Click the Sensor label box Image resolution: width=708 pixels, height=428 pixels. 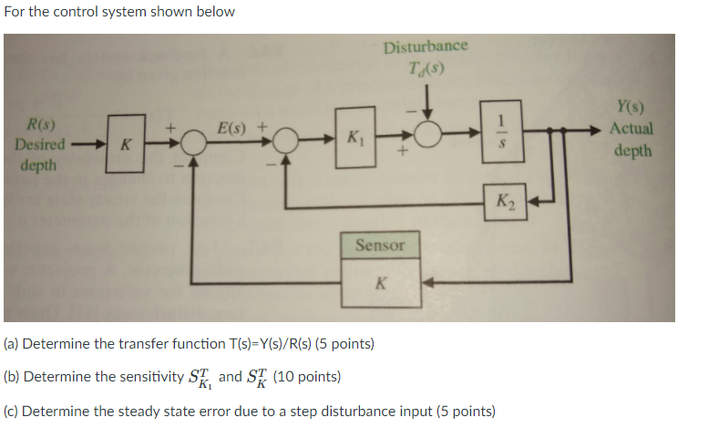[x=380, y=245]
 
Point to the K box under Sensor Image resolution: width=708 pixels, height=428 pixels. [x=380, y=283]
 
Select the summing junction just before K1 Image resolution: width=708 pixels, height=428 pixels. [x=287, y=141]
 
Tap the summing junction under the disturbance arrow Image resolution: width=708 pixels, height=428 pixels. [x=427, y=133]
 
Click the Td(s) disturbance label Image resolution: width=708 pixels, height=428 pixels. [x=426, y=68]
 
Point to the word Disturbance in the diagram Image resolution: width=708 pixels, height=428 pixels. [x=426, y=47]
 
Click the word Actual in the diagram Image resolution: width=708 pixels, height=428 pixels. [x=631, y=129]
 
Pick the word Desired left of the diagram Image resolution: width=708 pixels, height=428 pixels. [x=39, y=144]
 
